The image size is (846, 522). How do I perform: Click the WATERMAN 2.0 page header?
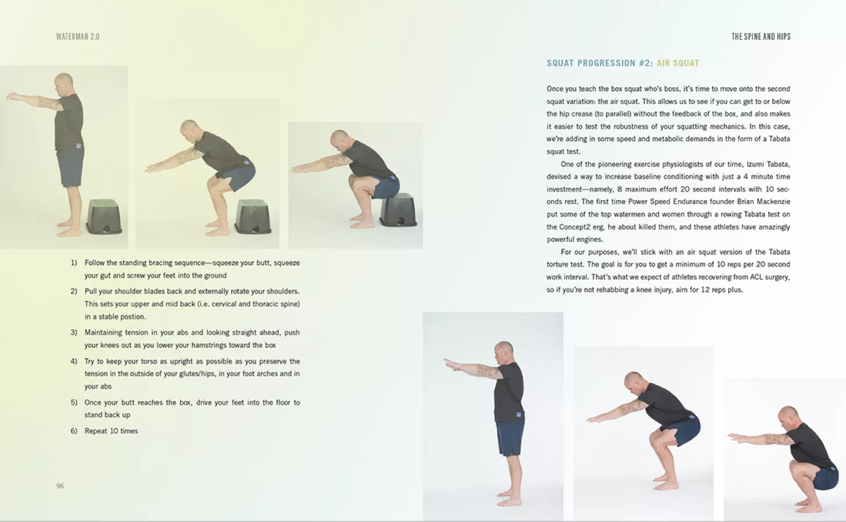click(78, 37)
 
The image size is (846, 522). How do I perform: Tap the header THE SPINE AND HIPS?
click(761, 37)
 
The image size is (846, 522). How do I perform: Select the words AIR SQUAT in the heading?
click(678, 63)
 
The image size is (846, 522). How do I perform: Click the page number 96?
click(60, 486)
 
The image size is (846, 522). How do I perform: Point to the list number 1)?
click(74, 263)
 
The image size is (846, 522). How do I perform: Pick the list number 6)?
click(74, 431)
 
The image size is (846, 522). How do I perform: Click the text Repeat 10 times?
click(111, 431)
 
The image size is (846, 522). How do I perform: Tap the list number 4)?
click(74, 361)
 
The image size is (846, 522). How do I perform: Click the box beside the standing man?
click(104, 217)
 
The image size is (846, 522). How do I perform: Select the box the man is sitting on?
click(399, 210)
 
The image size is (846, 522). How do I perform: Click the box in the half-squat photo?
click(252, 217)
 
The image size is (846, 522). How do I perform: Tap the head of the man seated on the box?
click(339, 140)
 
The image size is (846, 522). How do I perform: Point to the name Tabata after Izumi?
click(778, 164)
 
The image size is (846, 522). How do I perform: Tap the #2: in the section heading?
click(646, 63)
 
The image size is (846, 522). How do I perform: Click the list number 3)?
click(74, 332)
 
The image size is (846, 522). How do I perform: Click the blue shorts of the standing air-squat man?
click(510, 438)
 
